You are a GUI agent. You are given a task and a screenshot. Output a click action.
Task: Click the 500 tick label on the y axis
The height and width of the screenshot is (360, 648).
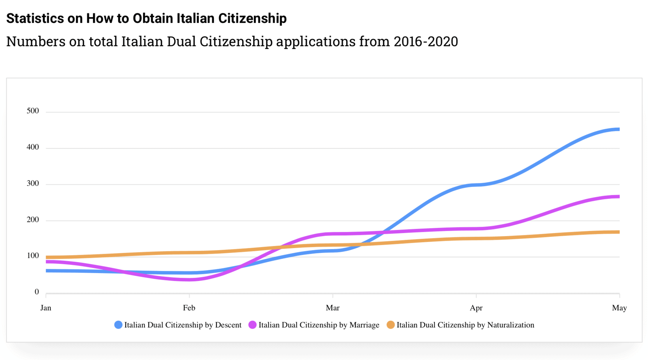click(33, 111)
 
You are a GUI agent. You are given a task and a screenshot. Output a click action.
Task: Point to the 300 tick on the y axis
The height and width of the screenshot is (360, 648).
click(33, 184)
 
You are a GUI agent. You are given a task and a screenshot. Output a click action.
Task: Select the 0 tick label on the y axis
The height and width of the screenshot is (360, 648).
click(37, 292)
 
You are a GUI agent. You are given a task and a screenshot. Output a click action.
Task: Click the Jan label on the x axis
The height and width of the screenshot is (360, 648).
click(46, 308)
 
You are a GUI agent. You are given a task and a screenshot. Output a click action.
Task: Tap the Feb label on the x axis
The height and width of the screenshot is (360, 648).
click(189, 308)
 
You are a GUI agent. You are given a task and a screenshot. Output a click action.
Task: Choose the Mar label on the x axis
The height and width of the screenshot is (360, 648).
click(333, 308)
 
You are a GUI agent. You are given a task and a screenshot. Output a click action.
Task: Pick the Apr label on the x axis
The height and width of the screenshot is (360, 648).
click(476, 308)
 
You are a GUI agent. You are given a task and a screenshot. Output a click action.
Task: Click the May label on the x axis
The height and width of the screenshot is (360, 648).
click(619, 308)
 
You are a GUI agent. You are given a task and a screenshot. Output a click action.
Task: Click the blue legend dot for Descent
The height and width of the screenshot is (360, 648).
click(118, 325)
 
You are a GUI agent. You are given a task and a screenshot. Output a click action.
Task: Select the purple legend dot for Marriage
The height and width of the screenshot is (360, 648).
click(252, 325)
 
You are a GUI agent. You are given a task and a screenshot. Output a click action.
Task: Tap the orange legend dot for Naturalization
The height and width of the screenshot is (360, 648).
click(391, 325)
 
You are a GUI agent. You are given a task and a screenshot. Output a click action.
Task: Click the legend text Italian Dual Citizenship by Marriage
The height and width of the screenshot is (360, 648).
click(319, 325)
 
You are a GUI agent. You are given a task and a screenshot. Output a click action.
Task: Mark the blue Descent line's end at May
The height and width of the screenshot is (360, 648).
click(618, 129)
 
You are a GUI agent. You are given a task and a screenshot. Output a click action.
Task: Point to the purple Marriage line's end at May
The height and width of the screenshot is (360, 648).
click(618, 197)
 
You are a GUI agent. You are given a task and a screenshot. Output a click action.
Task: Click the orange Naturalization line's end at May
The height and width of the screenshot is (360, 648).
click(618, 232)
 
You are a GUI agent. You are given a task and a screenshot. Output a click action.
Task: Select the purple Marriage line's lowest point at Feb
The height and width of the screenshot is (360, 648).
click(189, 279)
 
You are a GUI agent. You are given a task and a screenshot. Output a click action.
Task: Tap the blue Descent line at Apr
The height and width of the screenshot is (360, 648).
click(476, 185)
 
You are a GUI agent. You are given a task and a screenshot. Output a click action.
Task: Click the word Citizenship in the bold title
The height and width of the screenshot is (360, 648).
click(252, 18)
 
